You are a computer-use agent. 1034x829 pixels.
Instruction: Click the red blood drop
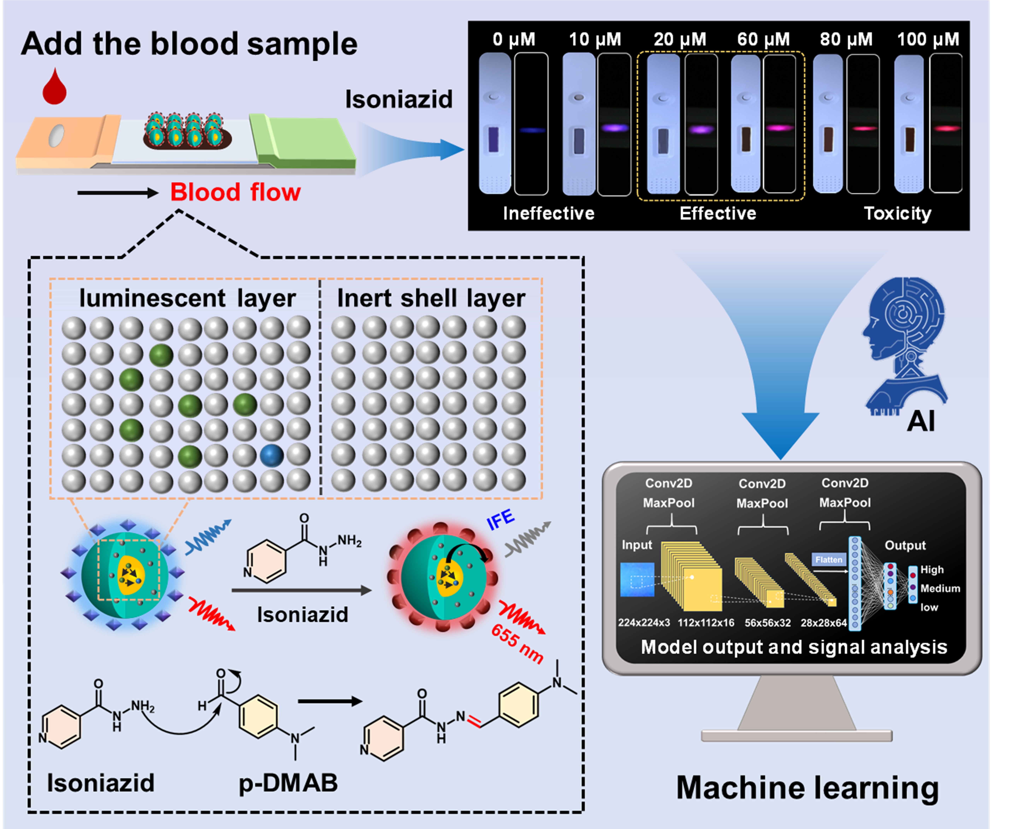click(54, 88)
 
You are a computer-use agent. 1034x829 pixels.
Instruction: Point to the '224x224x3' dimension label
click(644, 623)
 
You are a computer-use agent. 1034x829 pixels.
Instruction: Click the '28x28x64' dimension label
click(824, 623)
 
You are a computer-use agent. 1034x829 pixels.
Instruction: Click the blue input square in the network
click(637, 580)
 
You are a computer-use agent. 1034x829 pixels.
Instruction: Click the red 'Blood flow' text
click(235, 192)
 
